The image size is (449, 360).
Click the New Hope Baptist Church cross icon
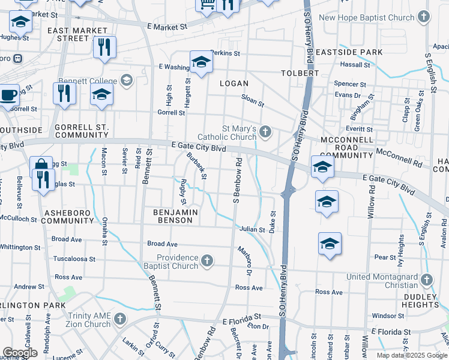[x=424, y=17]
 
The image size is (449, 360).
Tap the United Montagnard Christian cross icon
[x=426, y=280]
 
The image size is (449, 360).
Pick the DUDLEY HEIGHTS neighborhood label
[x=411, y=301]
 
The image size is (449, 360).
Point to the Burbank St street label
[x=196, y=166]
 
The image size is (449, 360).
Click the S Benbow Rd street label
[x=238, y=180]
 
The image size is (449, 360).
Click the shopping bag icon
[x=41, y=166]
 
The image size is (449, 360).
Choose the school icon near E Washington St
[x=201, y=62]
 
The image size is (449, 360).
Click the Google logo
[x=20, y=353]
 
